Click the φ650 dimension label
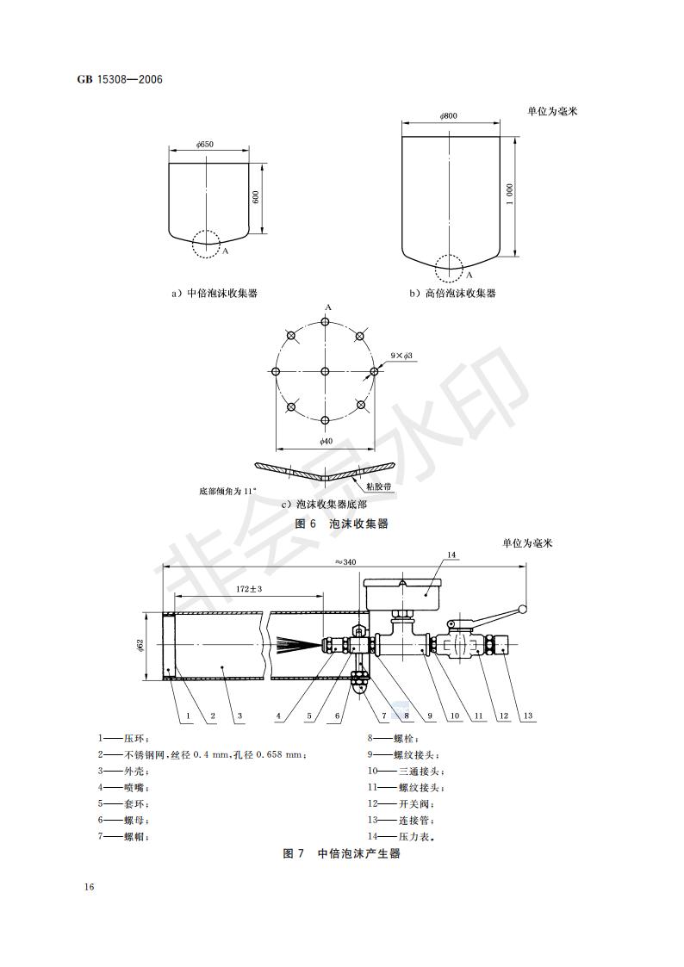point(205,145)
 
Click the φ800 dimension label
point(449,116)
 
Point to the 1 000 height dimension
point(509,195)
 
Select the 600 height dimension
point(256,196)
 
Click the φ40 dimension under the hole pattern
point(326,441)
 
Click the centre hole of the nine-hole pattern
point(325,371)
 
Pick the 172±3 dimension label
point(249,589)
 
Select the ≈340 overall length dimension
point(345,561)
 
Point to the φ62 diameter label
point(140,646)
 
